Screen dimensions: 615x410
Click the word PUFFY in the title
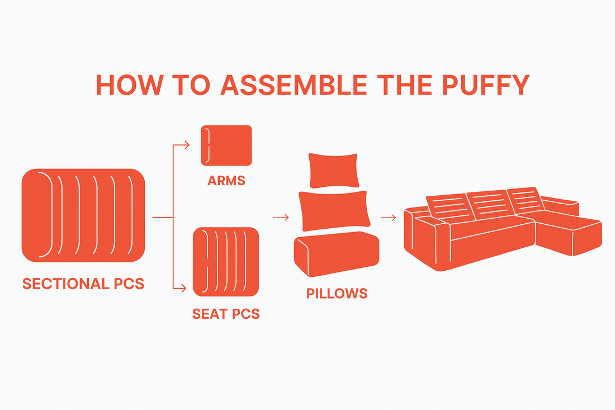[486, 84]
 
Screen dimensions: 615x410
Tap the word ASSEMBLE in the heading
[294, 84]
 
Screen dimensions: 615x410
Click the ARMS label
[226, 181]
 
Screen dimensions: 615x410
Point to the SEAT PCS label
[226, 314]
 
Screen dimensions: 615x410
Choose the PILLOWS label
[337, 294]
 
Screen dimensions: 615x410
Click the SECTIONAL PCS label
[83, 284]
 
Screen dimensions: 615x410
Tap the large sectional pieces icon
[83, 215]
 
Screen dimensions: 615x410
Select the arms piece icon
[226, 145]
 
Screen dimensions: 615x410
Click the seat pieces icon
[226, 262]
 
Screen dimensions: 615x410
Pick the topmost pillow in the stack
[334, 170]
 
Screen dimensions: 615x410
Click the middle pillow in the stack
[334, 210]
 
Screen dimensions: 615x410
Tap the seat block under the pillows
[337, 253]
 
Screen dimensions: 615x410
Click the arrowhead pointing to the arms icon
[187, 145]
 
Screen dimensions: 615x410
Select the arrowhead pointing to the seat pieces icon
[183, 288]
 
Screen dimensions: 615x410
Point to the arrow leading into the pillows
[281, 218]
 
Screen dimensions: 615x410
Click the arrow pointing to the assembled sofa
[389, 218]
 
